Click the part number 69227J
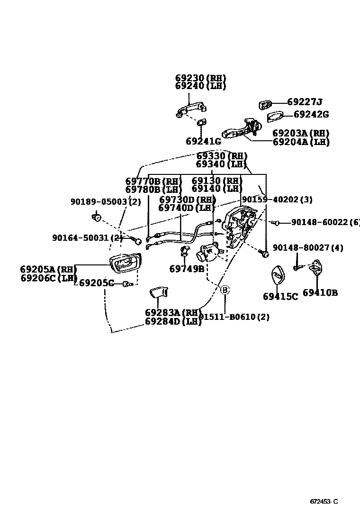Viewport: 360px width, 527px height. [305, 102]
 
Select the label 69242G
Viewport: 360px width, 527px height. [311, 114]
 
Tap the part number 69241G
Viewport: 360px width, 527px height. [203, 141]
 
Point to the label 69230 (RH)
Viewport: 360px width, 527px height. [200, 78]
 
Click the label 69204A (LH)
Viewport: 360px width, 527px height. [301, 142]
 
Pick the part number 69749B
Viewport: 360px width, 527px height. [187, 269]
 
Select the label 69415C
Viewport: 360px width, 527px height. [280, 297]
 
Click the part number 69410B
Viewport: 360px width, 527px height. [320, 293]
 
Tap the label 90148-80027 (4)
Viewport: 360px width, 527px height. [308, 248]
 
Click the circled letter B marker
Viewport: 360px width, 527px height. [225, 290]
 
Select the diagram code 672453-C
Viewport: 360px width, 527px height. [324, 502]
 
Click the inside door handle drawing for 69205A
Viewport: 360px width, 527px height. [124, 263]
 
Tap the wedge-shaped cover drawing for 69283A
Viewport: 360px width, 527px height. [158, 293]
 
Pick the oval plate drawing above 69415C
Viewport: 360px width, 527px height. [277, 277]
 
